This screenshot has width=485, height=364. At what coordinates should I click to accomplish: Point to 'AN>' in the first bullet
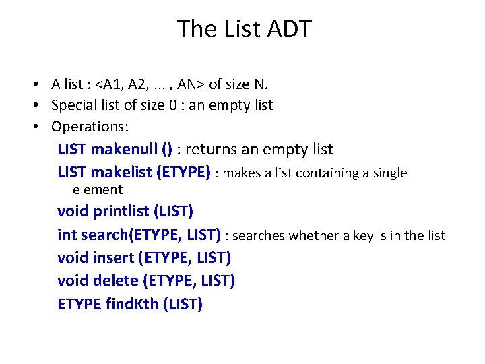click(x=191, y=84)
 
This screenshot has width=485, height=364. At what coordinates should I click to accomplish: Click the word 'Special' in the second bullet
click(x=74, y=105)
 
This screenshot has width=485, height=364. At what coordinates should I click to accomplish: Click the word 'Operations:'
click(x=90, y=126)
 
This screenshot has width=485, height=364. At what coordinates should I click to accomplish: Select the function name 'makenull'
click(x=121, y=149)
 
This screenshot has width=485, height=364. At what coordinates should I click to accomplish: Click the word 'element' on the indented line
click(x=98, y=189)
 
